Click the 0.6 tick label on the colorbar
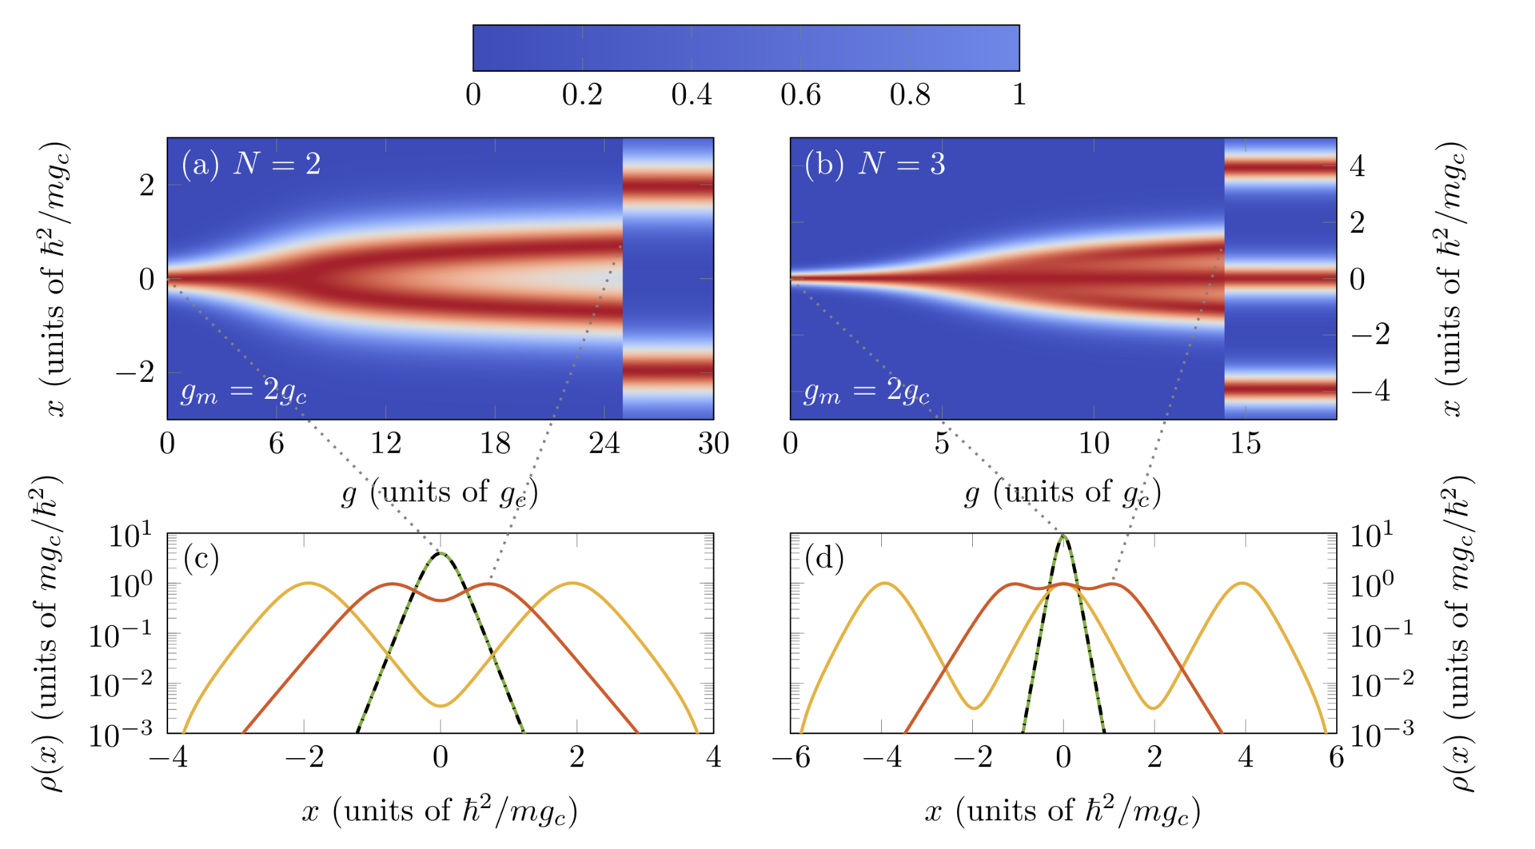click(x=800, y=95)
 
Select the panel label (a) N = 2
click(x=251, y=164)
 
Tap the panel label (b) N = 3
click(x=875, y=164)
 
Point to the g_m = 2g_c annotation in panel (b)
click(x=867, y=391)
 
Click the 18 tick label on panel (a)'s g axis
click(x=495, y=443)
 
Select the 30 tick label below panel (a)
click(x=713, y=443)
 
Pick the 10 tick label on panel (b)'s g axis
click(x=1093, y=443)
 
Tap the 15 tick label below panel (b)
click(x=1245, y=443)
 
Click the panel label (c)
click(x=201, y=558)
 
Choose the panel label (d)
click(x=824, y=558)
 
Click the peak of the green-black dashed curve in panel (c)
click(x=441, y=552)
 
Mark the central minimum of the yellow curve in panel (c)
click(x=441, y=705)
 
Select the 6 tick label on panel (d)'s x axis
click(x=1337, y=757)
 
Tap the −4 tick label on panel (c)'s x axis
click(x=168, y=757)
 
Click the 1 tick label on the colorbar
click(x=1019, y=95)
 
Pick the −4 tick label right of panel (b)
click(x=1370, y=391)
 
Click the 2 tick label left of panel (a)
click(x=147, y=185)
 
